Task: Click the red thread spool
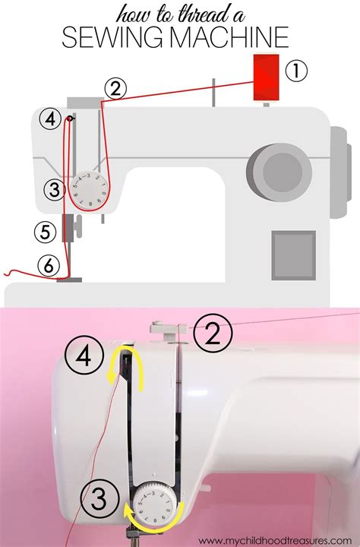click(266, 77)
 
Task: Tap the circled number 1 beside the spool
click(297, 71)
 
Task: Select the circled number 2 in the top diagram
click(115, 89)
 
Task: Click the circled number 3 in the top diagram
click(52, 190)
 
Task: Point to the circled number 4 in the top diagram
click(50, 119)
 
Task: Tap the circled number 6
click(48, 265)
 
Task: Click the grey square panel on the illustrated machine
click(293, 251)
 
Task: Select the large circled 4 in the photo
click(86, 356)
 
